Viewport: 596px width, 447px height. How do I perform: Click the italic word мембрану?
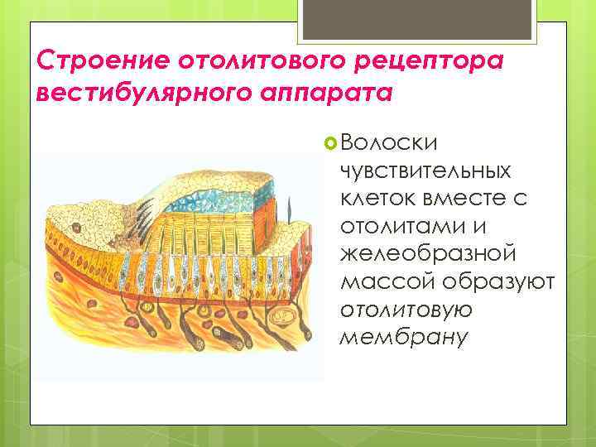pyautogui.click(x=392, y=338)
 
